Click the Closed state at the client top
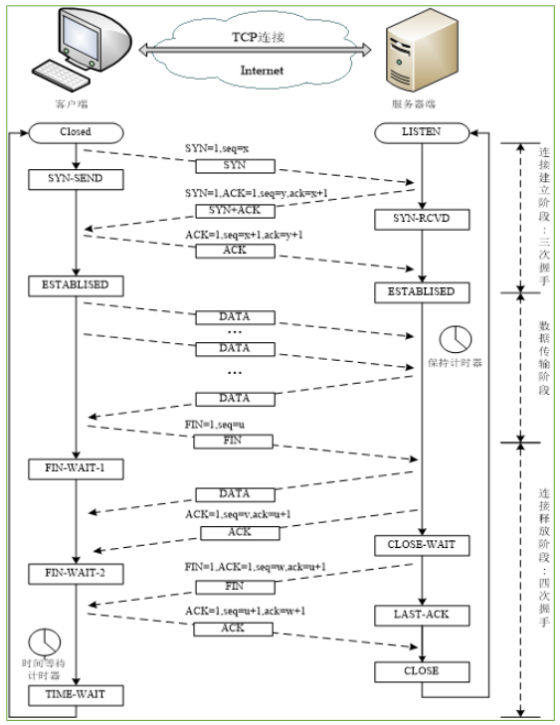(76, 130)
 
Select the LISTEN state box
(421, 130)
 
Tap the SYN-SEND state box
(76, 179)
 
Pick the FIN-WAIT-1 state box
(76, 466)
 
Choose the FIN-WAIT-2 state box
(76, 572)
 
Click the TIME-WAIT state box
(76, 694)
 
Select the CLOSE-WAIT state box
(421, 545)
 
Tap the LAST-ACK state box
(421, 615)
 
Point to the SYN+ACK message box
(235, 209)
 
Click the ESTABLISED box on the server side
(421, 291)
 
